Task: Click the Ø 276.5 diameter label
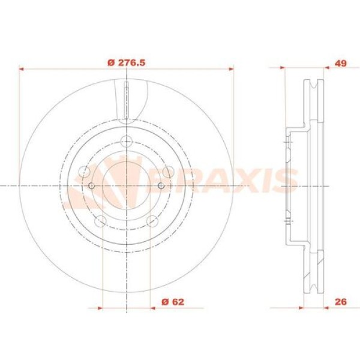pyautogui.click(x=125, y=62)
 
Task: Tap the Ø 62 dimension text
pyautogui.click(x=173, y=302)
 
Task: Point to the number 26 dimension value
pyautogui.click(x=341, y=302)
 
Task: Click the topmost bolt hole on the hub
pyautogui.click(x=126, y=142)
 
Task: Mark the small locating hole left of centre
pyautogui.click(x=91, y=186)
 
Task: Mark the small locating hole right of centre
pyautogui.click(x=161, y=186)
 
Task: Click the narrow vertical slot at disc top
pyautogui.click(x=126, y=99)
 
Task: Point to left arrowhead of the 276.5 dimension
pyautogui.click(x=23, y=68)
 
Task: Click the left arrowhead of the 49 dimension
pyautogui.click(x=285, y=68)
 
